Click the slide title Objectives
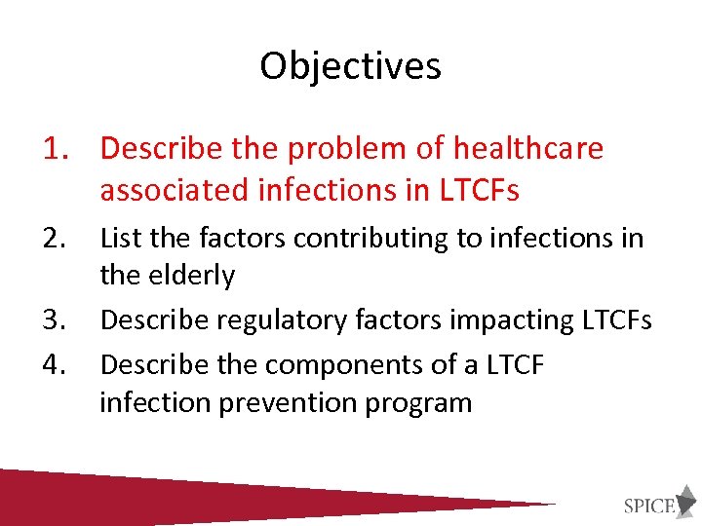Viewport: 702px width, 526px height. [350, 66]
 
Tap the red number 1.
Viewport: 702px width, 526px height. [52, 149]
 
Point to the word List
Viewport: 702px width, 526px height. [123, 238]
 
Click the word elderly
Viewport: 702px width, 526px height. [192, 277]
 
